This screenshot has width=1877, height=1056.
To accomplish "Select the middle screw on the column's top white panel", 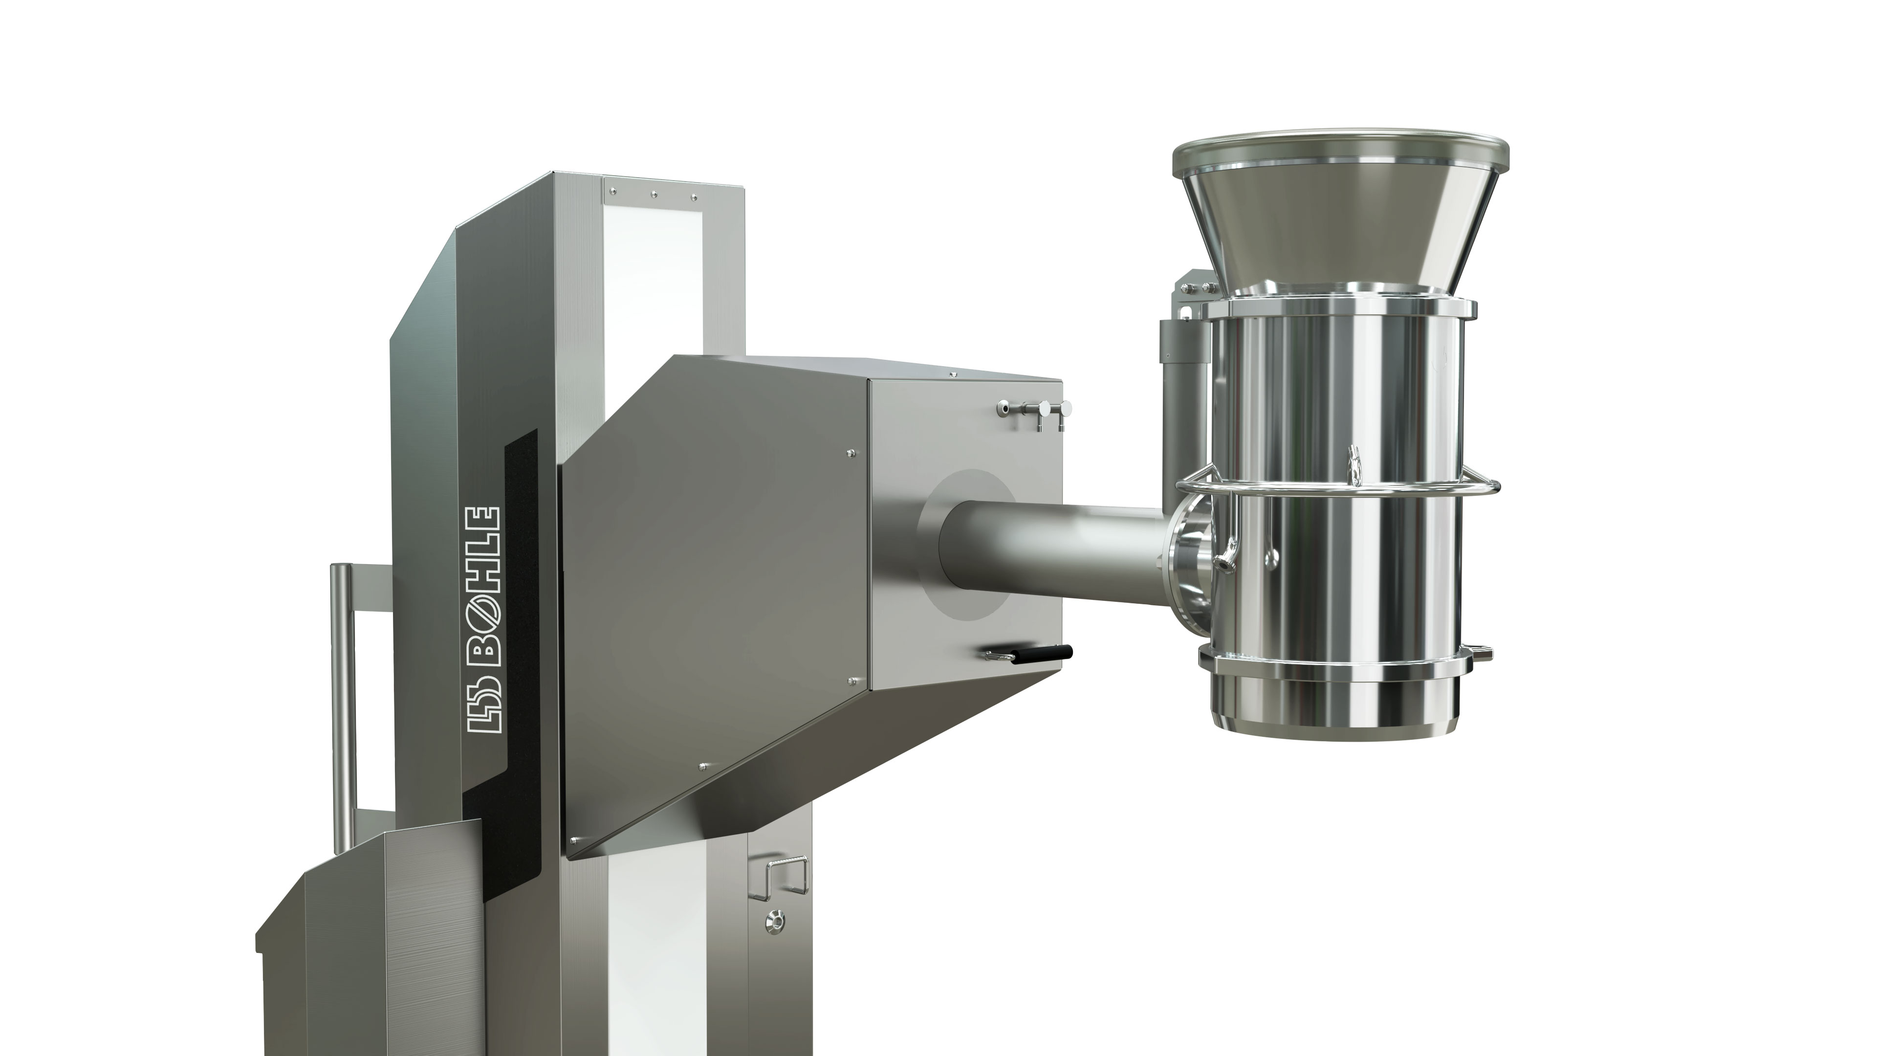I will coord(654,195).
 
